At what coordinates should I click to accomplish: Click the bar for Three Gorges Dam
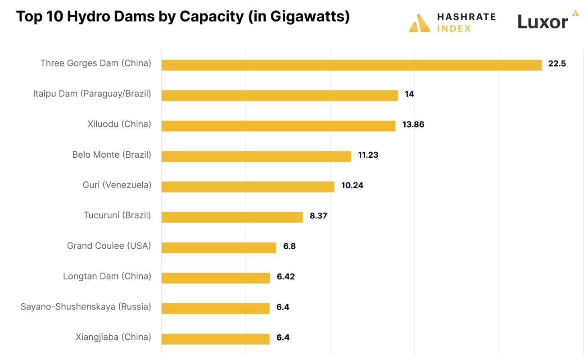(351, 65)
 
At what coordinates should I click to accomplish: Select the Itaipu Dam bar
(279, 96)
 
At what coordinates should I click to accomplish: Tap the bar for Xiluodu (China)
(278, 126)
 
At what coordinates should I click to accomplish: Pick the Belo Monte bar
(256, 156)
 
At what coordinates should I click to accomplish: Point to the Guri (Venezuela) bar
(248, 187)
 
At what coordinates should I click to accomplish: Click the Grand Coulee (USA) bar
(218, 247)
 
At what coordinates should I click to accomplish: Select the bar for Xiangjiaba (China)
(215, 339)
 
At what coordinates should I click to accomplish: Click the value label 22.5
(556, 64)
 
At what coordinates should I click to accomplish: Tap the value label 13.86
(413, 125)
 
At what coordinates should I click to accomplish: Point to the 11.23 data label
(368, 155)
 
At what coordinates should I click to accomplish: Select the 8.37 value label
(318, 216)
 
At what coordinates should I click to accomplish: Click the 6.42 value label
(285, 277)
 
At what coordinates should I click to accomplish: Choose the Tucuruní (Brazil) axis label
(117, 215)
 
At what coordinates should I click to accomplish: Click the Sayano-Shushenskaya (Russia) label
(86, 307)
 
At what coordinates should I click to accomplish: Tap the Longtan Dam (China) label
(107, 276)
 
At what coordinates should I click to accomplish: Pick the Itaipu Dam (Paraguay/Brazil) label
(92, 94)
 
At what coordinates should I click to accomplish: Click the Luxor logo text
(543, 21)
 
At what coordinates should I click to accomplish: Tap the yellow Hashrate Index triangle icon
(420, 23)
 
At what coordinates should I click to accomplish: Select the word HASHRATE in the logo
(466, 17)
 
